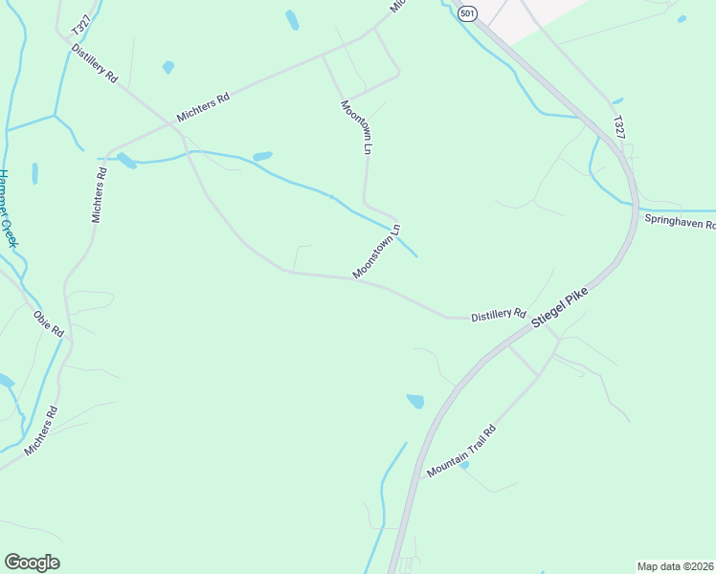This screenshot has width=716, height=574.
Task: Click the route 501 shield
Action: (x=466, y=12)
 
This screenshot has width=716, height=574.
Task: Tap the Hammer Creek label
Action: (x=8, y=209)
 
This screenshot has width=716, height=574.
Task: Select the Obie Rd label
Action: (x=48, y=323)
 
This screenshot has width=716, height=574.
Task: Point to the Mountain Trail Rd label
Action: (x=462, y=452)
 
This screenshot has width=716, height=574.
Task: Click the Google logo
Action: (x=32, y=562)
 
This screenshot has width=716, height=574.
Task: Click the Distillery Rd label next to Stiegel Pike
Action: (x=499, y=314)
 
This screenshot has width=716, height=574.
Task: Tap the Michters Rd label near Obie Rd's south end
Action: (x=41, y=430)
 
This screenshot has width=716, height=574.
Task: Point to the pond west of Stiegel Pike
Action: (x=415, y=402)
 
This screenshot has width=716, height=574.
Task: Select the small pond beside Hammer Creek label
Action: (x=35, y=173)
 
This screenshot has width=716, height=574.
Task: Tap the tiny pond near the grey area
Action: (x=682, y=19)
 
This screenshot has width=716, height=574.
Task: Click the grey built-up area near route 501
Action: (x=536, y=17)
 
